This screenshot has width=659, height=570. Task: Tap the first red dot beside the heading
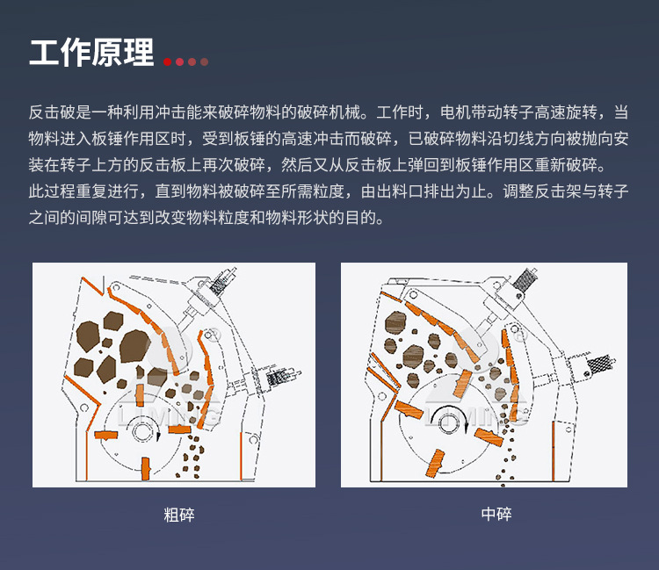pos(167,61)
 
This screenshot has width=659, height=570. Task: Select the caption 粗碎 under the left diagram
pos(178,515)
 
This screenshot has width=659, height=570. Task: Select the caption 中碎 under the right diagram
pos(496,515)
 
